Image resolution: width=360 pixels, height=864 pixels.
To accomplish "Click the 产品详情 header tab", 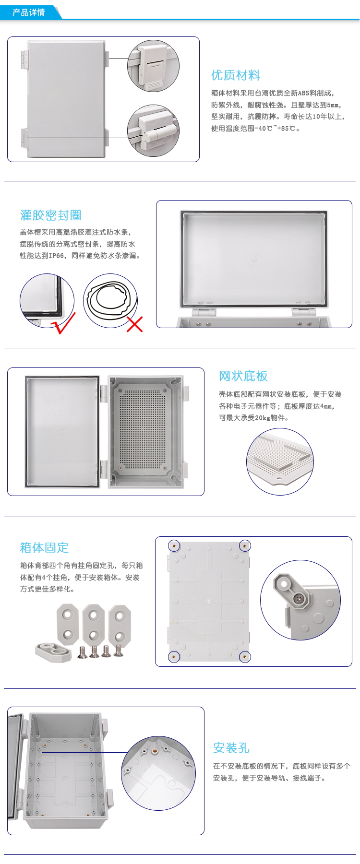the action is [x=29, y=12].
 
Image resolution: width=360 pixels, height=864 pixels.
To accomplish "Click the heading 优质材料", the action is [x=236, y=75].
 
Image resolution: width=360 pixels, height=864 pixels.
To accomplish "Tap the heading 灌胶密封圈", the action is [x=51, y=215].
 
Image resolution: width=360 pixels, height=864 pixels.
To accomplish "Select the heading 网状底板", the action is [x=243, y=376].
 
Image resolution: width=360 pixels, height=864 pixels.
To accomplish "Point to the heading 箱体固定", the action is [x=44, y=547].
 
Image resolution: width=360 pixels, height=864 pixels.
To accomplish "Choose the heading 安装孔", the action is [x=231, y=748].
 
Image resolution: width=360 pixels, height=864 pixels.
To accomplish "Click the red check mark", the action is [x=63, y=322].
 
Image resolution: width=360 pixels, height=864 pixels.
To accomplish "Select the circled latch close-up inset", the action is [x=153, y=66].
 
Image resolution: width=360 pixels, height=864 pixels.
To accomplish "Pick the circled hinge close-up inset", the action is [x=153, y=131].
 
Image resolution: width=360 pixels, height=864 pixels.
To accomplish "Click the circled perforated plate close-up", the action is [x=280, y=462].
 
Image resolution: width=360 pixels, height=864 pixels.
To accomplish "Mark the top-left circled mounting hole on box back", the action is [x=174, y=545].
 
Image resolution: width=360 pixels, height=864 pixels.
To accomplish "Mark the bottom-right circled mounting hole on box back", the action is [x=245, y=656].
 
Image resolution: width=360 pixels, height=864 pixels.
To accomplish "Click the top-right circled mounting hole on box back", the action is [x=245, y=545].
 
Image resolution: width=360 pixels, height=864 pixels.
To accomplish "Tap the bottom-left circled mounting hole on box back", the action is [x=174, y=656].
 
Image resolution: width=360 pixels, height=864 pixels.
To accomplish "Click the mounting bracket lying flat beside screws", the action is [x=53, y=652].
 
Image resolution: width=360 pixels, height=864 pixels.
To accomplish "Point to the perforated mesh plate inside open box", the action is [x=142, y=429].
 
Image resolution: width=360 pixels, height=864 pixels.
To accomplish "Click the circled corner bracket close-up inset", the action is [x=300, y=600].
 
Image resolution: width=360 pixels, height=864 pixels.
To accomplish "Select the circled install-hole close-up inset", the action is [x=158, y=773].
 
